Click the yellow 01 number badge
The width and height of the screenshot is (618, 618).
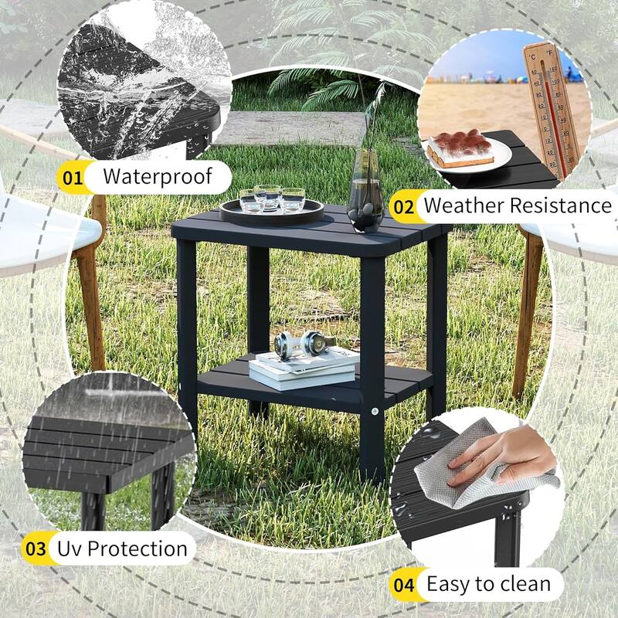click(73, 178)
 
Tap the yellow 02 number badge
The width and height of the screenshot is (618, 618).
click(404, 207)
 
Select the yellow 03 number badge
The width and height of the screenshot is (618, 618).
click(36, 549)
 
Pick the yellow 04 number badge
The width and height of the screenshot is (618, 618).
click(402, 585)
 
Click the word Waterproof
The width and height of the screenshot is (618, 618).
click(157, 176)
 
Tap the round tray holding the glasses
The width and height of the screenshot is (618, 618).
click(272, 209)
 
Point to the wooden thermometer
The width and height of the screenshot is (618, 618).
click(549, 108)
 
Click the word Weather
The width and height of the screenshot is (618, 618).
click(467, 205)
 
